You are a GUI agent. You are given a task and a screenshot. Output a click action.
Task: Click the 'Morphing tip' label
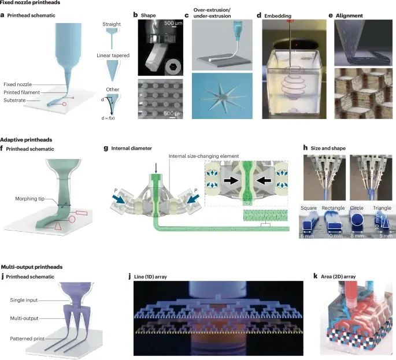[x=31, y=200]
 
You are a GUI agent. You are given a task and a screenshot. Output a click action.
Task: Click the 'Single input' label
[x=24, y=300]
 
